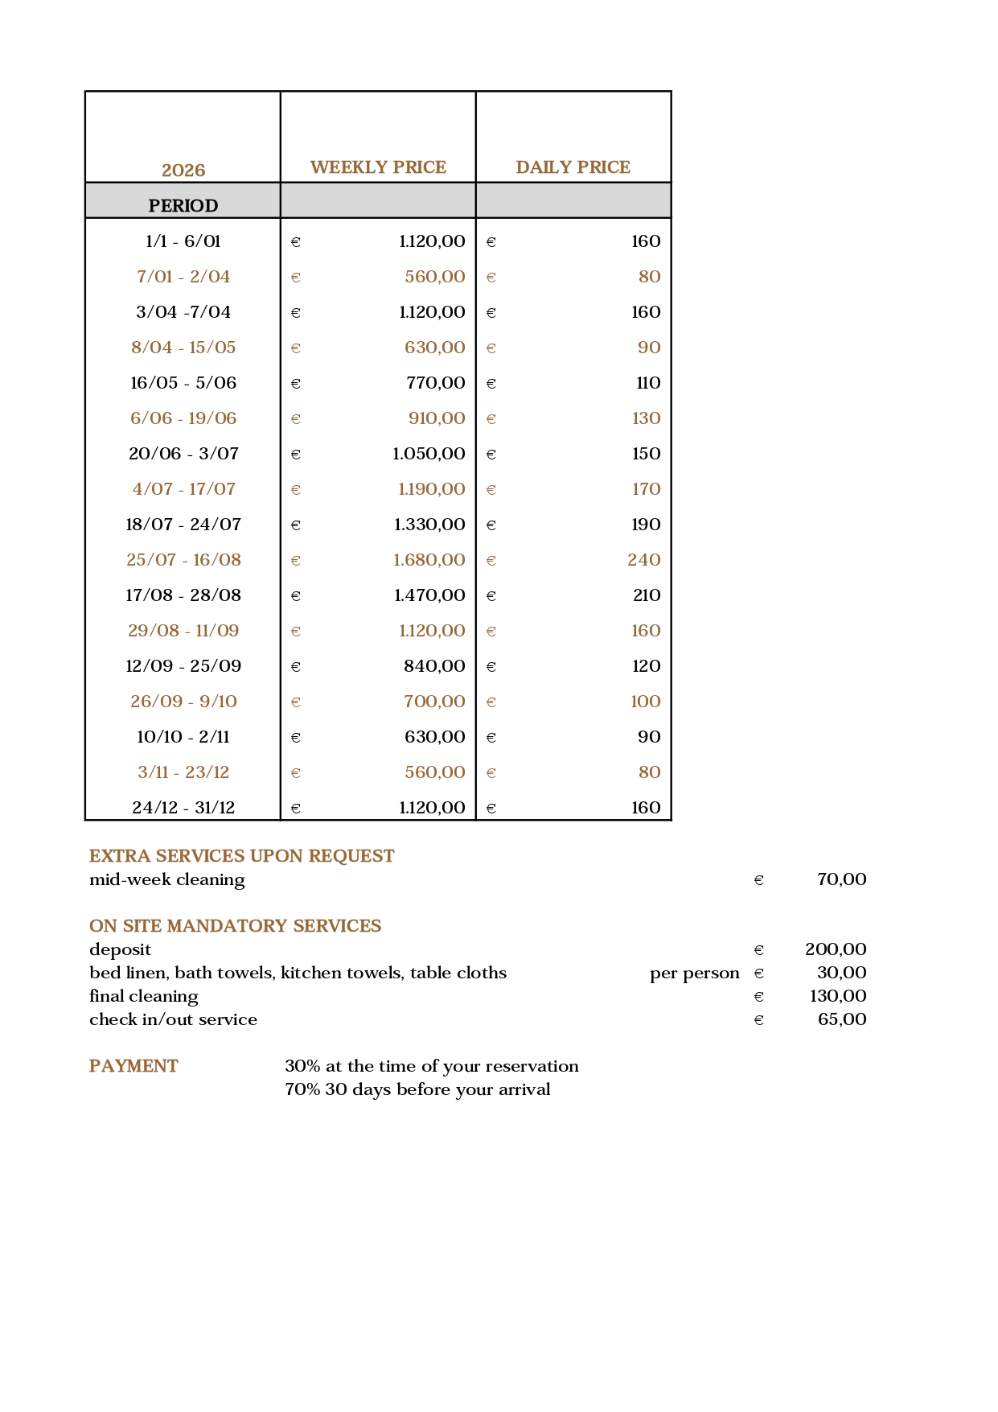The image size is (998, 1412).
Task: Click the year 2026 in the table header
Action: [183, 171]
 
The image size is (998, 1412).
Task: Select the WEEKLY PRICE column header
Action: [378, 167]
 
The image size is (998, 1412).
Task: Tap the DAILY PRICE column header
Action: [573, 167]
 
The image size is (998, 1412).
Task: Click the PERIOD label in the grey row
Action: [183, 206]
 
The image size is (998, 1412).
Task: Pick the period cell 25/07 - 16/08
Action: [183, 560]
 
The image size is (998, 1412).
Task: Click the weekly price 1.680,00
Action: [429, 560]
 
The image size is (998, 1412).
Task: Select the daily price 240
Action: [644, 560]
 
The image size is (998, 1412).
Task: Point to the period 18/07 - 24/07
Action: [183, 525]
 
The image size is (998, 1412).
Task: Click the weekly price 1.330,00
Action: [429, 525]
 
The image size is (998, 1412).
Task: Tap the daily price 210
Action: [646, 595]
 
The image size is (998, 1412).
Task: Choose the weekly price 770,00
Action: [435, 383]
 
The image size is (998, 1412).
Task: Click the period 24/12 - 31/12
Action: [183, 808]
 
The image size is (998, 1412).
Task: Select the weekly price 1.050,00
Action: [429, 454]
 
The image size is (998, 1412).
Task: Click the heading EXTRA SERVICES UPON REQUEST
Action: [241, 856]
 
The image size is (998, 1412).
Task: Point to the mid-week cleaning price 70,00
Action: [841, 879]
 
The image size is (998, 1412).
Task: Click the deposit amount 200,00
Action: [836, 949]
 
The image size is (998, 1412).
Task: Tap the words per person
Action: [694, 973]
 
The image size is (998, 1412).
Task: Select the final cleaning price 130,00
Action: [838, 996]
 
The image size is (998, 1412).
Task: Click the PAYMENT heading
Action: [133, 1066]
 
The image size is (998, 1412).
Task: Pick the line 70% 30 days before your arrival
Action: [417, 1089]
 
